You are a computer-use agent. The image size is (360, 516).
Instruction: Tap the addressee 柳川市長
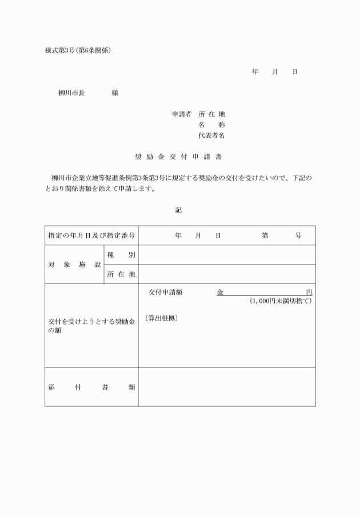(71, 93)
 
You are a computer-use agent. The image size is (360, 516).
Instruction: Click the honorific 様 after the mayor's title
(115, 93)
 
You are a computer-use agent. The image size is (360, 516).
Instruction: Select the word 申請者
(182, 114)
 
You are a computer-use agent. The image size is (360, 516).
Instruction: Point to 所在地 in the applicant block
(211, 114)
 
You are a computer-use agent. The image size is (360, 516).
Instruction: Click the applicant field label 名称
(211, 125)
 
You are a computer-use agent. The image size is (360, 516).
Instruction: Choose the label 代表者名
(211, 136)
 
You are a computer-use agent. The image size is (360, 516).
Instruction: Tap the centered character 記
(178, 210)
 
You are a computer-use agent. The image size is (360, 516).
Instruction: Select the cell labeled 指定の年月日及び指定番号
(91, 235)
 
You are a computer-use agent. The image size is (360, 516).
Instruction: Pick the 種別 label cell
(121, 255)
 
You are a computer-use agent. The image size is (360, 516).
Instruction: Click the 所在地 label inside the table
(121, 274)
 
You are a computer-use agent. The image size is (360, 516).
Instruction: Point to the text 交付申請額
(165, 292)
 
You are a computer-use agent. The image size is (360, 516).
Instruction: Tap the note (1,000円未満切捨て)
(281, 301)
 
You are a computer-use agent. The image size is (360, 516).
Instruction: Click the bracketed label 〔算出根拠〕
(162, 318)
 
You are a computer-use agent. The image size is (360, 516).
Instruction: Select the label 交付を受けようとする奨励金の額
(91, 326)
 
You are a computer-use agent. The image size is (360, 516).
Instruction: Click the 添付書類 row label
(91, 387)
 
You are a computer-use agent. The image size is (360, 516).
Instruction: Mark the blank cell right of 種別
(227, 255)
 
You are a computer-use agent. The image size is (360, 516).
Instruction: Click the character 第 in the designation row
(265, 235)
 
